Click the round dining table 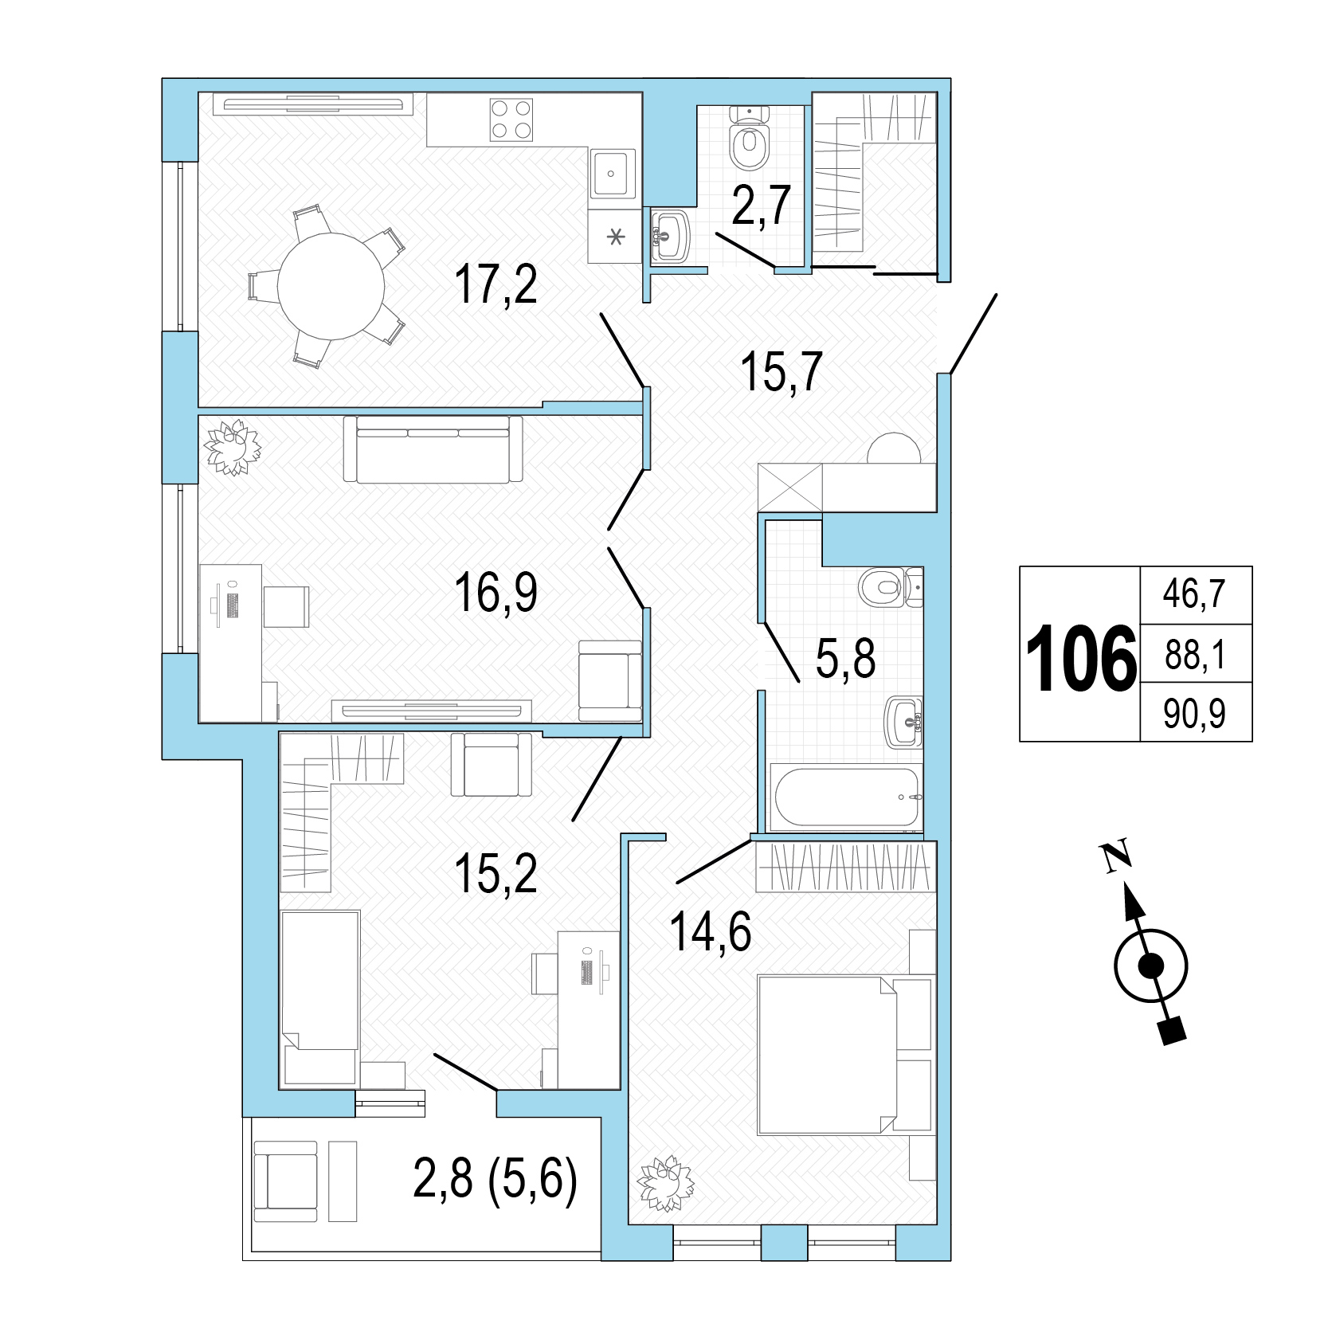click(331, 286)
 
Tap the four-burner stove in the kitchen click(511, 119)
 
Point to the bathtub click(846, 797)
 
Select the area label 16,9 click(496, 593)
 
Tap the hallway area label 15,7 click(781, 372)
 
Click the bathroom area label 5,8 click(845, 659)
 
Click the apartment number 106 click(1081, 656)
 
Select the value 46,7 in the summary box click(1194, 594)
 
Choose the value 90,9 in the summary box click(1194, 715)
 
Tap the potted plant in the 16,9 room click(233, 448)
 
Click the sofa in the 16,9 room click(433, 449)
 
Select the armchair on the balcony click(285, 1181)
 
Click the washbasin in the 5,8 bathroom click(904, 723)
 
